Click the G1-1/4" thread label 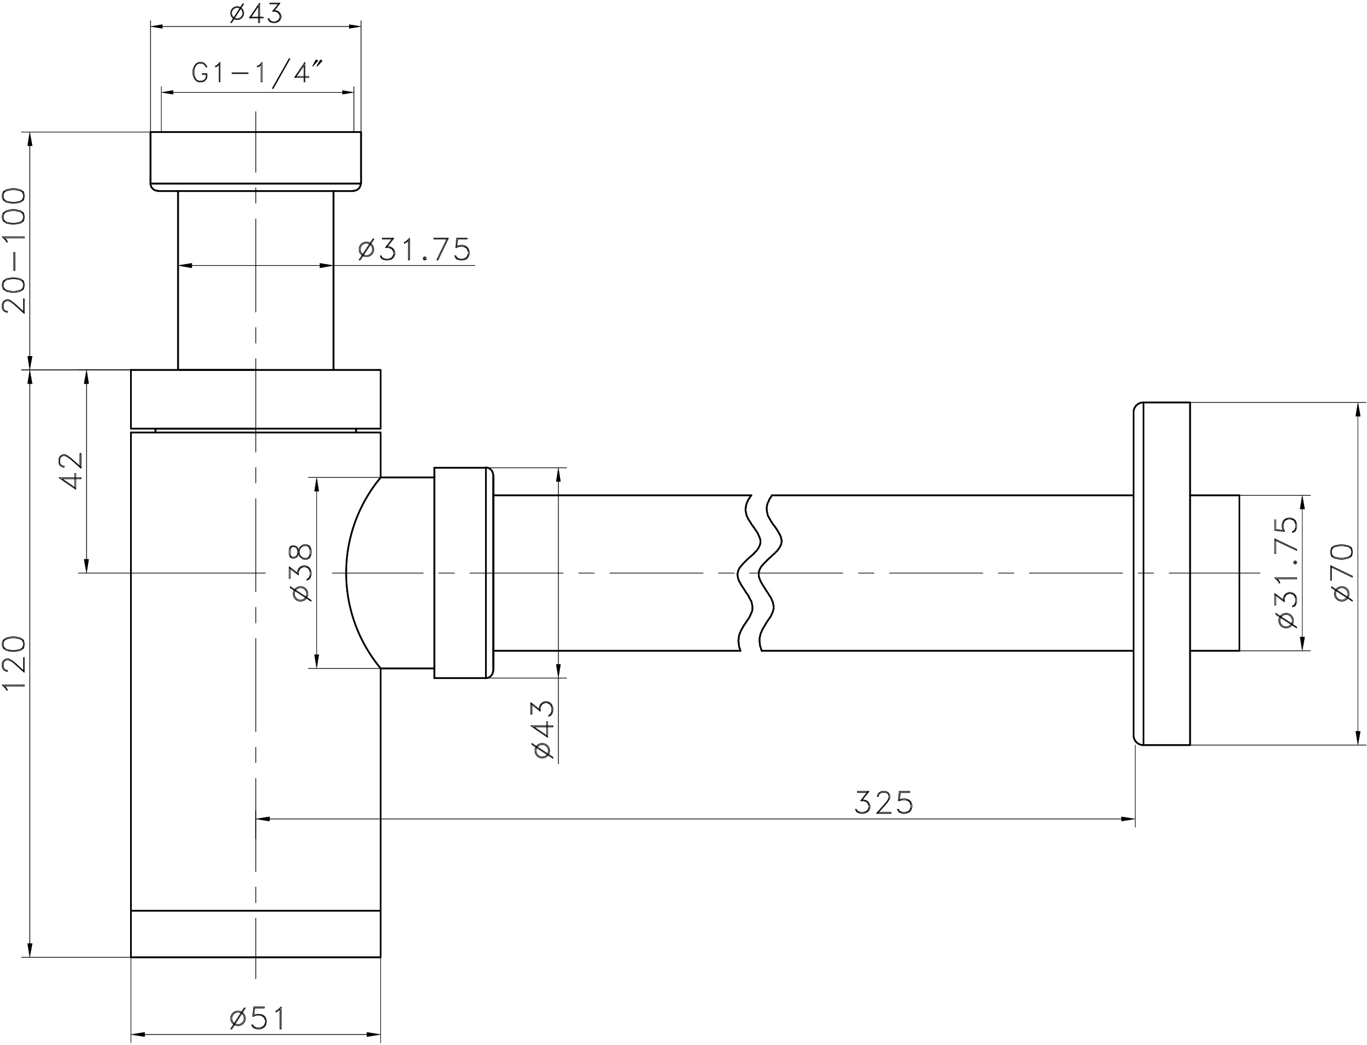point(258,73)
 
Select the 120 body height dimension point(14,662)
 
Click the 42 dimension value point(70,471)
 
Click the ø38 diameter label point(301,572)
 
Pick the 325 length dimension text point(883,802)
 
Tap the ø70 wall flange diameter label point(1343,572)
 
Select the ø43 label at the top point(256,13)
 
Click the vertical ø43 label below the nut point(543,730)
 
